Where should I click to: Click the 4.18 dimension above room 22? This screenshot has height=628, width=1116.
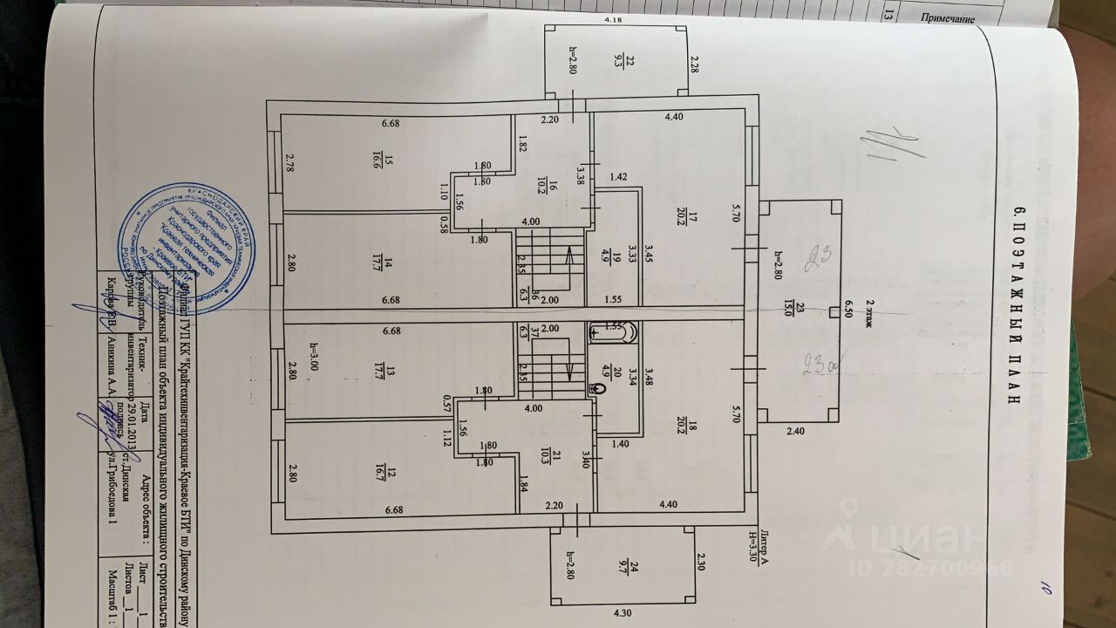tap(616, 18)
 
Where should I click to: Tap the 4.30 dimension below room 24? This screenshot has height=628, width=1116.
tap(623, 614)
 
